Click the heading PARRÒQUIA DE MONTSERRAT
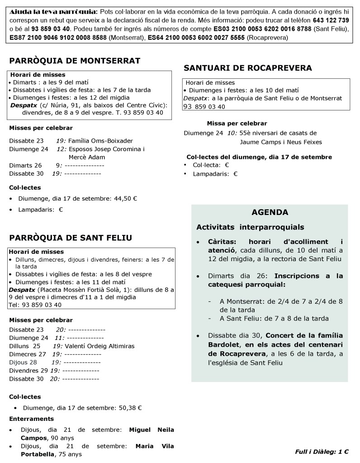click(75, 61)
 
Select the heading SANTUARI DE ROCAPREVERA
click(248, 68)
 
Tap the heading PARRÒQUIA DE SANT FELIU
click(71, 238)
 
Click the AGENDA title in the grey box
click(270, 212)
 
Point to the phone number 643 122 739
click(331, 21)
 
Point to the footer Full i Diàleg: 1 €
click(322, 451)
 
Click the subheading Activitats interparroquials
click(250, 227)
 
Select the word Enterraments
click(31, 419)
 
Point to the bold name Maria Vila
click(155, 446)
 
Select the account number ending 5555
click(196, 38)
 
